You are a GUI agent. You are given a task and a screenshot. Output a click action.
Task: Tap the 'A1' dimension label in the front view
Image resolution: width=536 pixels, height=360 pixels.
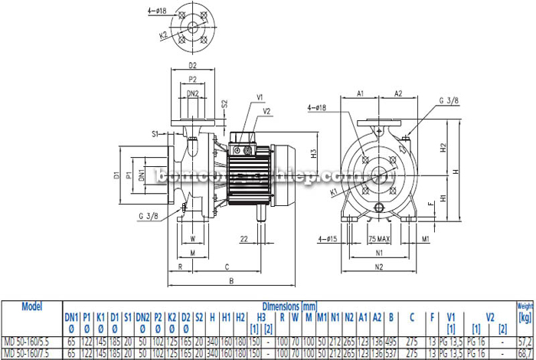click(x=360, y=93)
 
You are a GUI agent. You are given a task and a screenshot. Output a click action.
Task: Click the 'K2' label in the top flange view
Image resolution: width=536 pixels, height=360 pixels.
click(x=165, y=35)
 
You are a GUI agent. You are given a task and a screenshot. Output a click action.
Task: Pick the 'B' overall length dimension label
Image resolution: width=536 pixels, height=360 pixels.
click(x=231, y=280)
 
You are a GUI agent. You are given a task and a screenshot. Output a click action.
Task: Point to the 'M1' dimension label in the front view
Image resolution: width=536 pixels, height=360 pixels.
click(x=423, y=237)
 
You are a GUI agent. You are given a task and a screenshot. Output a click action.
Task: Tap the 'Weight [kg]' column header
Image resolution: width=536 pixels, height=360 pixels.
click(x=525, y=310)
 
